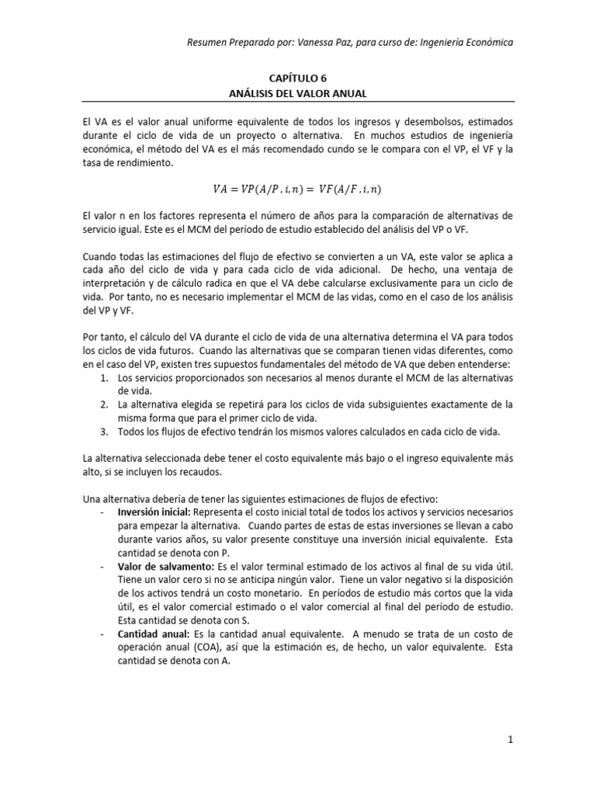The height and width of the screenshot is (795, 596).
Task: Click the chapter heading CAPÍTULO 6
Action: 298,78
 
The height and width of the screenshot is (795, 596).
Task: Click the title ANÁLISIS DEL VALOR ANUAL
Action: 298,93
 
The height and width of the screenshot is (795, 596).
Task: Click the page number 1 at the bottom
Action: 510,740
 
